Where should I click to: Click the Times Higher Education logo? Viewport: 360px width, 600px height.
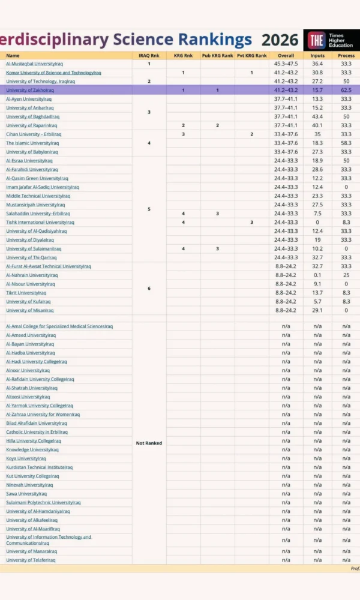click(331, 40)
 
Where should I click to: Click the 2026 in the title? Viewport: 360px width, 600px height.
click(280, 40)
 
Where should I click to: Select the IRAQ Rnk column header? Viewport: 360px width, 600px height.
click(149, 55)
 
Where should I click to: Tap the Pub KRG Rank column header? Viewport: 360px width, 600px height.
click(217, 55)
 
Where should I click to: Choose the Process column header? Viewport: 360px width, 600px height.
click(346, 55)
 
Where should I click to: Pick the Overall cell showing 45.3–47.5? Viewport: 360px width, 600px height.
click(286, 64)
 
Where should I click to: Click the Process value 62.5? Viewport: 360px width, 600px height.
click(346, 90)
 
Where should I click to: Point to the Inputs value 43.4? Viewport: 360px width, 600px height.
click(317, 116)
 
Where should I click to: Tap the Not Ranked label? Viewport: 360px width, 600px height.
click(149, 443)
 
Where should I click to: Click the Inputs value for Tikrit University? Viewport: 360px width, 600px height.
click(317, 293)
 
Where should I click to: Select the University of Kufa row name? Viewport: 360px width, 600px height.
click(28, 302)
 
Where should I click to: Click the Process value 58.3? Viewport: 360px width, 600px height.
click(346, 143)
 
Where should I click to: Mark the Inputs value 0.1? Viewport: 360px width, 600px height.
click(317, 275)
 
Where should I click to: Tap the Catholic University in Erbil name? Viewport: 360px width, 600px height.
click(37, 432)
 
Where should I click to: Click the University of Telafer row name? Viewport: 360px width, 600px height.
click(31, 560)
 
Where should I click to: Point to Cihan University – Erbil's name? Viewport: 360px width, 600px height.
click(34, 134)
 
